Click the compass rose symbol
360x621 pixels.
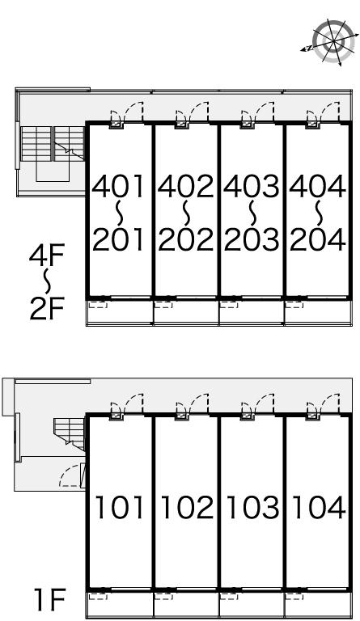point(331,41)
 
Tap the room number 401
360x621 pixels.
point(118,187)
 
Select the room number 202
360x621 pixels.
point(185,239)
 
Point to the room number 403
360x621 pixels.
point(251,187)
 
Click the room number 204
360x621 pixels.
point(318,239)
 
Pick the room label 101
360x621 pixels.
point(120,508)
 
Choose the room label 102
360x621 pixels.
point(186,508)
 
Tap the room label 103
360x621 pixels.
point(252,508)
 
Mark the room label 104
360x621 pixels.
point(318,508)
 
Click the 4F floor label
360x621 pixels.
point(47,256)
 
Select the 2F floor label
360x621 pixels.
point(47,309)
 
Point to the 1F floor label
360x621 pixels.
point(50,601)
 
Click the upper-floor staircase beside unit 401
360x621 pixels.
point(53,143)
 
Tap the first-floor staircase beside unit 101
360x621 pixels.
point(70,434)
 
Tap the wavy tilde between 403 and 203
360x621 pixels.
point(252,213)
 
